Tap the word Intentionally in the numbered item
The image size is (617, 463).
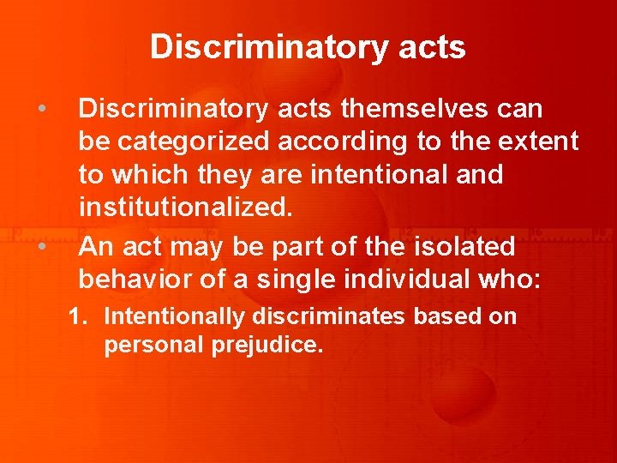(175, 316)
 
